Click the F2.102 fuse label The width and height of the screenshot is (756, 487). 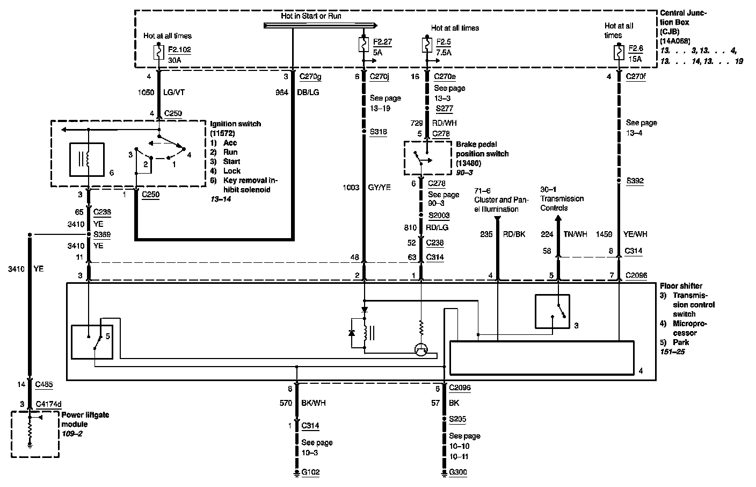179,49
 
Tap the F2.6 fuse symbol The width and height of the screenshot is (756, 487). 620,52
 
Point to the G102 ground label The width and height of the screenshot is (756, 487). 311,472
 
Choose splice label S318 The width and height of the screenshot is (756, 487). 378,132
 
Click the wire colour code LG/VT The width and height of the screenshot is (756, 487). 173,92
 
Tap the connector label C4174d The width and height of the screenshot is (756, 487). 48,404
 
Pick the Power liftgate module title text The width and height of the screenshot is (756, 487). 85,419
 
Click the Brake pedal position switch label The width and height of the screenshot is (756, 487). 482,154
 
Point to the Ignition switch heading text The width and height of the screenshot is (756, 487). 236,124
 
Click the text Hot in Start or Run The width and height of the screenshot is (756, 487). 311,16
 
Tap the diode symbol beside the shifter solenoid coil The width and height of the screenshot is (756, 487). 352,333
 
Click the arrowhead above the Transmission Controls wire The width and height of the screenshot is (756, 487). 558,219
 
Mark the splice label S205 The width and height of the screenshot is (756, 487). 457,419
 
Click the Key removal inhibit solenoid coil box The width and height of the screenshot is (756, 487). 87,160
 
